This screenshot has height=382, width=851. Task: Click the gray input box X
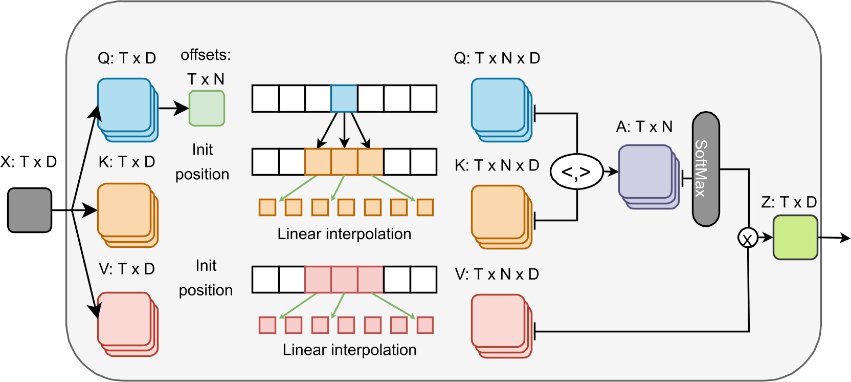click(x=30, y=210)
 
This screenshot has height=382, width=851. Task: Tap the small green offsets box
click(x=207, y=108)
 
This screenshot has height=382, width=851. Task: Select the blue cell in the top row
click(x=344, y=98)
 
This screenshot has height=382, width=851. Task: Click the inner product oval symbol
click(x=577, y=172)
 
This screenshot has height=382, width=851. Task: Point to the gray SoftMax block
click(x=706, y=169)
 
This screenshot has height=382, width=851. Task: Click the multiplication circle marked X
click(x=748, y=238)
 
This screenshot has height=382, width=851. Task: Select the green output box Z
click(x=795, y=237)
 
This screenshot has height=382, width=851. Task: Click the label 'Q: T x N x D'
click(x=497, y=58)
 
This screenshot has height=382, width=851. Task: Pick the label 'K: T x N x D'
click(x=497, y=165)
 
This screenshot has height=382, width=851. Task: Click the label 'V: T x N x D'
click(x=497, y=274)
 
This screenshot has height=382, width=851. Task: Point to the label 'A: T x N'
click(x=644, y=126)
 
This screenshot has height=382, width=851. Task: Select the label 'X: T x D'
click(x=29, y=162)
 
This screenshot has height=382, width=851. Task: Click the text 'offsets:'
click(x=206, y=55)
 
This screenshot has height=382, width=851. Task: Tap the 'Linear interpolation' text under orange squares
click(x=344, y=234)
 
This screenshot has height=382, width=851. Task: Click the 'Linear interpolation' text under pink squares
click(x=349, y=350)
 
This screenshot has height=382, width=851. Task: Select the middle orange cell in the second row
click(x=344, y=162)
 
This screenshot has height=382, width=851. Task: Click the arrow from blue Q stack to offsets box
click(x=174, y=108)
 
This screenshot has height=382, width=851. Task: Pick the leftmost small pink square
click(x=267, y=325)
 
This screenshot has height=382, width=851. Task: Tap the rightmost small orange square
click(x=425, y=207)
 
